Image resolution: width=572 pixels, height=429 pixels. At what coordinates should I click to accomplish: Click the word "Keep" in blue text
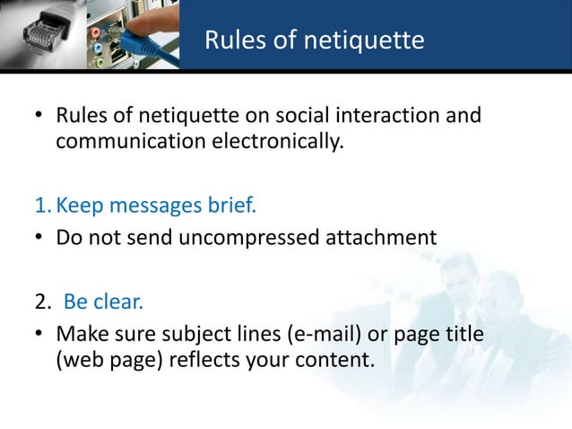point(79,207)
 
